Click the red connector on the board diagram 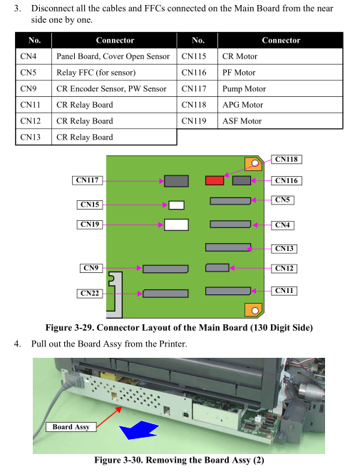215,181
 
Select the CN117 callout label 88,180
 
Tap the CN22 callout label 90,294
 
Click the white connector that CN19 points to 176,225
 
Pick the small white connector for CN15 176,205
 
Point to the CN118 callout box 287,160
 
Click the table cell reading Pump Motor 280,88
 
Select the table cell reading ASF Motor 280,121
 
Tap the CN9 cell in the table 34,88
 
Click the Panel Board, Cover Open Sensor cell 114,56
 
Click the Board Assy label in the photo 71,427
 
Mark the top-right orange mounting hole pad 253,164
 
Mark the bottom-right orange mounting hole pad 253,310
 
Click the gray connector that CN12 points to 217,268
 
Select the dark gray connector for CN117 176,181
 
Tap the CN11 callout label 284,291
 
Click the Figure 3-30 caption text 179,460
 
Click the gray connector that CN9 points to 165,269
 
